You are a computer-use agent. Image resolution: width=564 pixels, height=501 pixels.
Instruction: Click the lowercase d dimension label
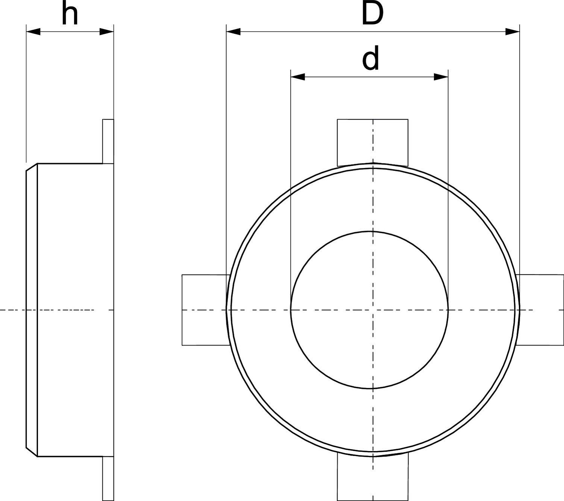click(x=370, y=59)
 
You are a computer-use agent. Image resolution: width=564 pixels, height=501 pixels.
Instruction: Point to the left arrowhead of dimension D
click(x=233, y=32)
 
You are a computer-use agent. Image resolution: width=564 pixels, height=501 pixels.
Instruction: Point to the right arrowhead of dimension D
click(x=512, y=32)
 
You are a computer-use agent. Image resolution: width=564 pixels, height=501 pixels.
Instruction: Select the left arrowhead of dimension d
click(x=298, y=77)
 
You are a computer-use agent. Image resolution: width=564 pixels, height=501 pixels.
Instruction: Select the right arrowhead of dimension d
click(x=441, y=77)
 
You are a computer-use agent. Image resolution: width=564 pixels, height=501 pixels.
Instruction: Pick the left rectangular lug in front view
click(x=205, y=310)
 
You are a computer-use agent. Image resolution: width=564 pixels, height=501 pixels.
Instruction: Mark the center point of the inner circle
click(x=370, y=310)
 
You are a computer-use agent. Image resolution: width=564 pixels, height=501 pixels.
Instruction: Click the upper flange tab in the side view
click(x=108, y=141)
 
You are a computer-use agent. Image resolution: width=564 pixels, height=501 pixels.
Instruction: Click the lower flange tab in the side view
click(x=108, y=478)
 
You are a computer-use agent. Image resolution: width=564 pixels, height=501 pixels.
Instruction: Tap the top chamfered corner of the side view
click(x=32, y=167)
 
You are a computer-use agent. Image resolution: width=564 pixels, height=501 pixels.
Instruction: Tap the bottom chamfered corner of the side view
click(x=32, y=452)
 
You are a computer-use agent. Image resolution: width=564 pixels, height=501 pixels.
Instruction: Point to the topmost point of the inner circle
click(x=370, y=231)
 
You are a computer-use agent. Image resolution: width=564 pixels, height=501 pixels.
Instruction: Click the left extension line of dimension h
click(x=26, y=94)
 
